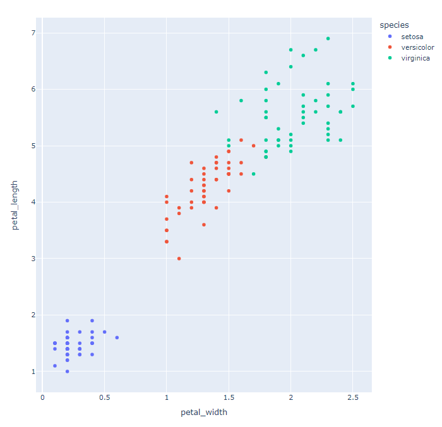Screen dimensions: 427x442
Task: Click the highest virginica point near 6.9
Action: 328,38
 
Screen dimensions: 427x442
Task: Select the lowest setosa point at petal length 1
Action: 68,371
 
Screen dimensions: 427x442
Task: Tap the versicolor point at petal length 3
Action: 179,259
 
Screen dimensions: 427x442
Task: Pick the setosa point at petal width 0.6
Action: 117,337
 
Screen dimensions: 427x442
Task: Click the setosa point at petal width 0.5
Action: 104,332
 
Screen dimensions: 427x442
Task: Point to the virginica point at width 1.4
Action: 216,112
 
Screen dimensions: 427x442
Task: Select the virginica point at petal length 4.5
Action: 253,174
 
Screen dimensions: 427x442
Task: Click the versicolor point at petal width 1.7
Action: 253,146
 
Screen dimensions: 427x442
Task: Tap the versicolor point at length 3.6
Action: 204,225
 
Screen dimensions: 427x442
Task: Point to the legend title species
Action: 393,25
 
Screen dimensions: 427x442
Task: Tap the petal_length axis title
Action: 15,205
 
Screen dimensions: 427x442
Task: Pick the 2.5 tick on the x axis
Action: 352,397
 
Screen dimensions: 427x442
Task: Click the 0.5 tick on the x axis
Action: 104,397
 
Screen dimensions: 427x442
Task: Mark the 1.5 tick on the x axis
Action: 229,397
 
